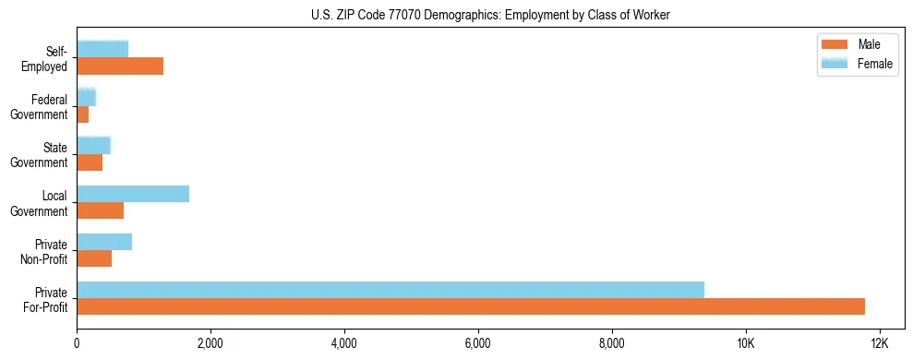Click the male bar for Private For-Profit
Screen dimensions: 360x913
click(471, 306)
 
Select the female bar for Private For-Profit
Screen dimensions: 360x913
click(390, 290)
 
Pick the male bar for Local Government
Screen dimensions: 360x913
click(101, 210)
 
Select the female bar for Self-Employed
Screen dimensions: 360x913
click(102, 49)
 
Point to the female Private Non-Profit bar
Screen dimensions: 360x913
click(104, 242)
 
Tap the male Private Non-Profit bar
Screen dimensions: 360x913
click(94, 258)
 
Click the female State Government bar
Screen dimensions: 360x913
click(93, 145)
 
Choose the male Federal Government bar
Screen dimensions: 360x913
click(83, 114)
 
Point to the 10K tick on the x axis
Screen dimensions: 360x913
click(745, 344)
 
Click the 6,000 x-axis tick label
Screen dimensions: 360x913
click(478, 344)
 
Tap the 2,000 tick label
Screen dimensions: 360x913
click(210, 344)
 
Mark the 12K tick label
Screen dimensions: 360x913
click(879, 344)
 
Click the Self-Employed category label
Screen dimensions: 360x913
click(48, 58)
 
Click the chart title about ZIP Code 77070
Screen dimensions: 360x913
click(491, 15)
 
